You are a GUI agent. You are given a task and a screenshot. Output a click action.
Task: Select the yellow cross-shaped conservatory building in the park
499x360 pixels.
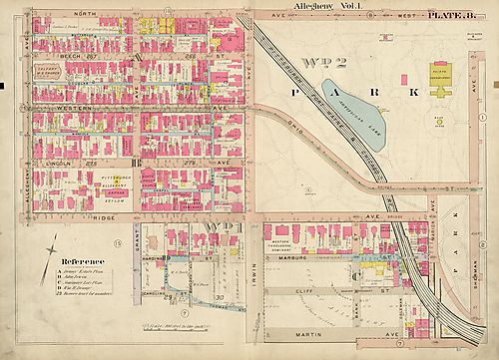point(441,96)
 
